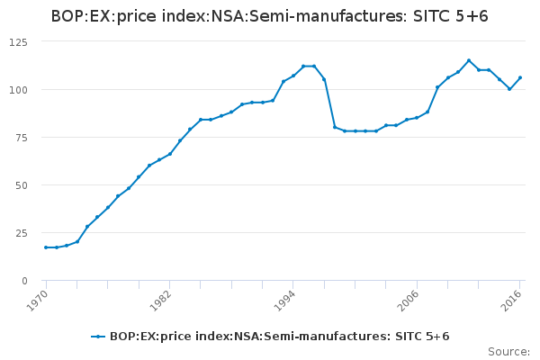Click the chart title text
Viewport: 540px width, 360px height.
[270, 16]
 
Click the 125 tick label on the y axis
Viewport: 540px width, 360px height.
[18, 42]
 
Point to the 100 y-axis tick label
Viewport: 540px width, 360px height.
[18, 90]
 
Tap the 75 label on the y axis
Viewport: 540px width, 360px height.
[21, 138]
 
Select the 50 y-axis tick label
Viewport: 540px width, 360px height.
[21, 185]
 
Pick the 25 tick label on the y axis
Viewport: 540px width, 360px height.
[21, 233]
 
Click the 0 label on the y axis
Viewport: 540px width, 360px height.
[24, 281]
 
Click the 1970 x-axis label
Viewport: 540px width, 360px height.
[37, 300]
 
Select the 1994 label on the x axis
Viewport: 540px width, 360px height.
[284, 300]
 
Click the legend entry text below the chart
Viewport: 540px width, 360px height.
[279, 337]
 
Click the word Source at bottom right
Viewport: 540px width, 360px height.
[508, 351]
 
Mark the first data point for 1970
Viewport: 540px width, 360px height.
[46, 247]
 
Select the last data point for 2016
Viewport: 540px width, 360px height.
[520, 77]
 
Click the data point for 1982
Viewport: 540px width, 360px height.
[169, 154]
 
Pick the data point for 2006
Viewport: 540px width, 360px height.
[417, 118]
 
